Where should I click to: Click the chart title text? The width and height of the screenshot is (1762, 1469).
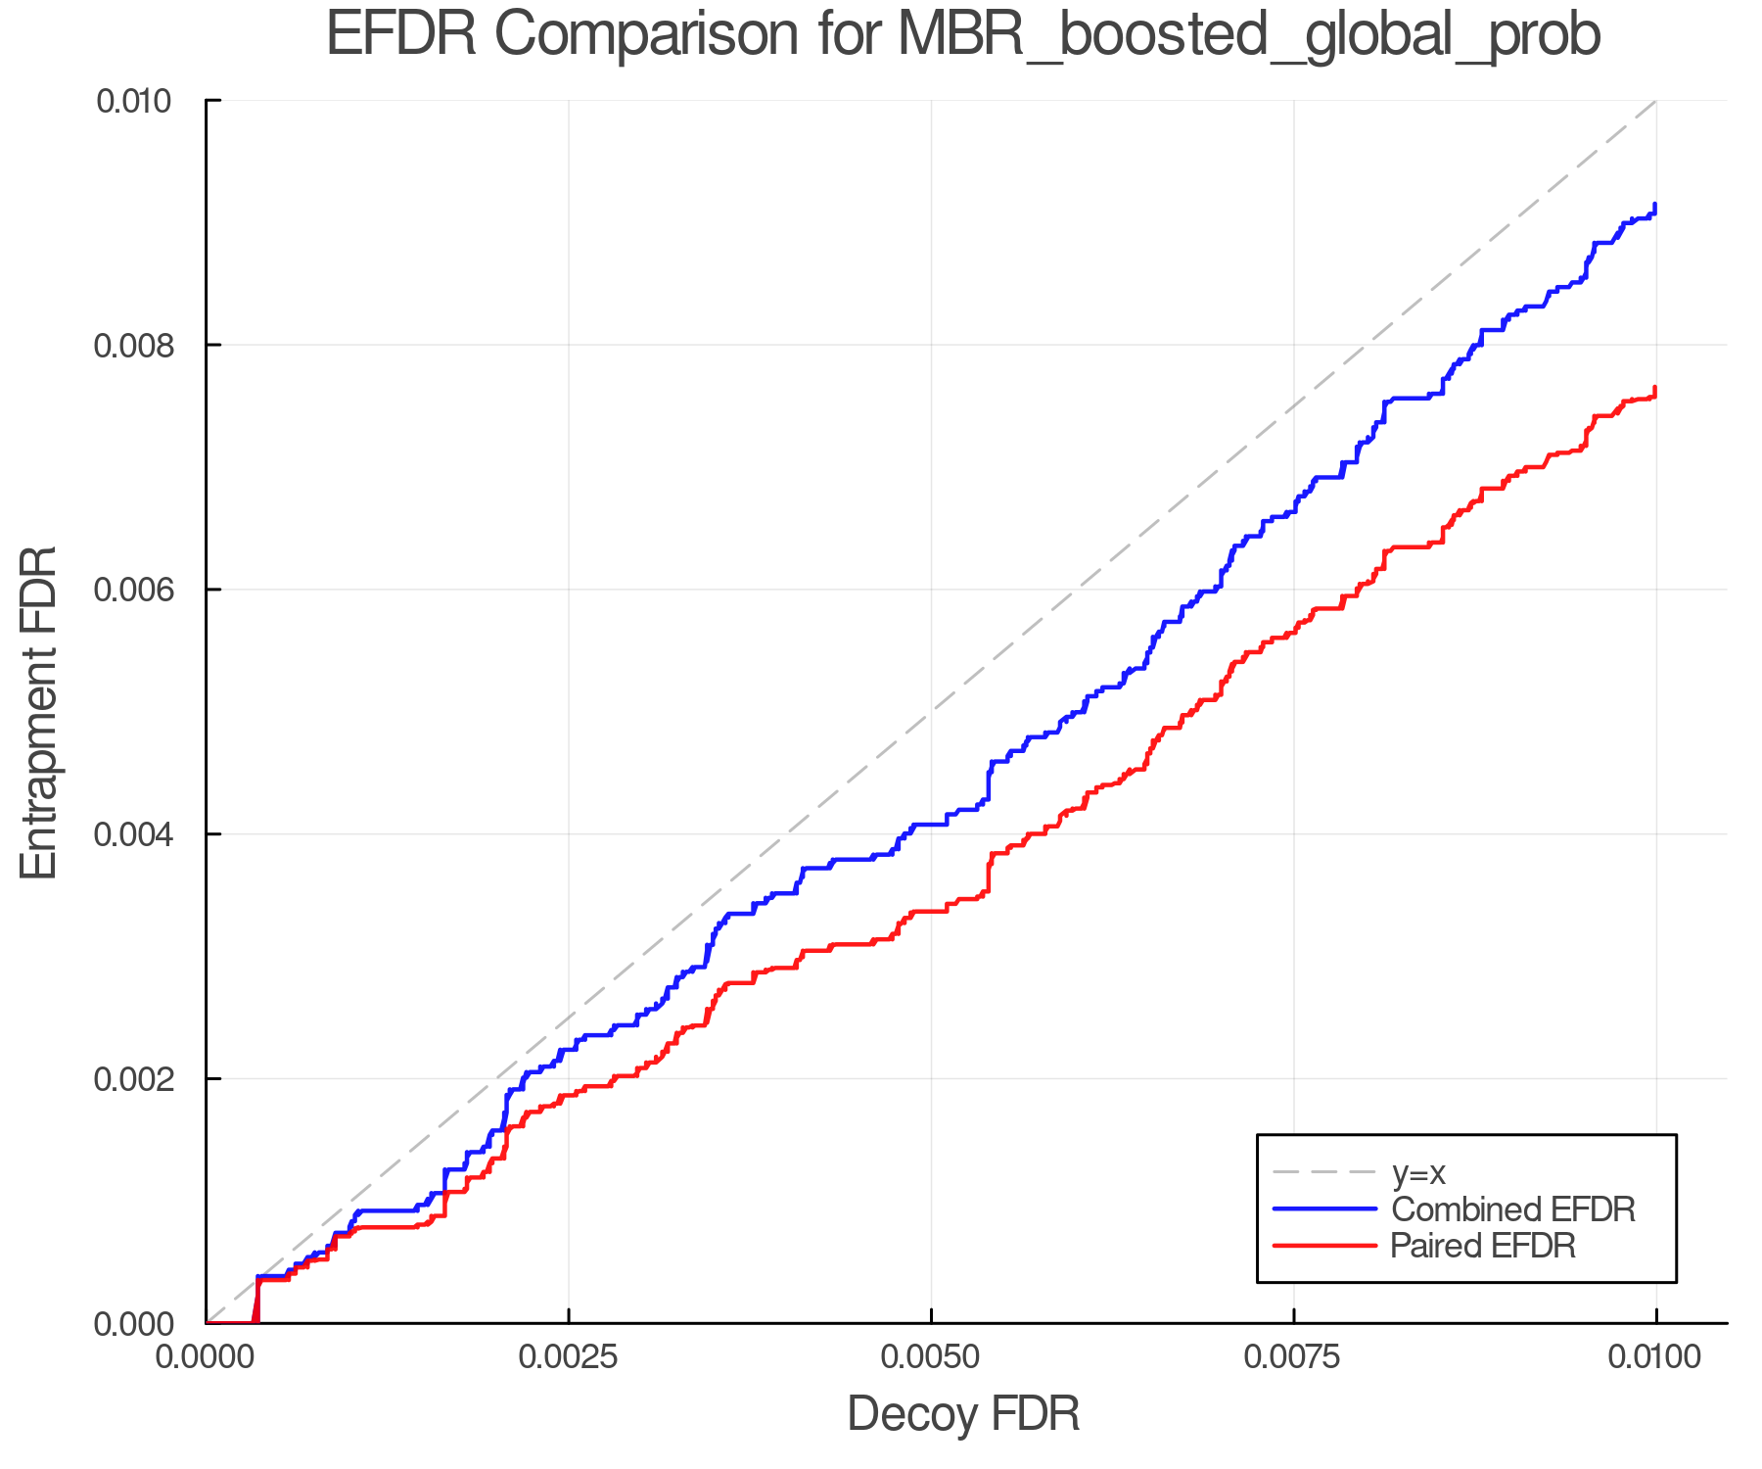tap(963, 35)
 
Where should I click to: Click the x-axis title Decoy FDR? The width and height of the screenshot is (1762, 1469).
tap(963, 1414)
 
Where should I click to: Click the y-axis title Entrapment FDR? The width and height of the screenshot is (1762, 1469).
tap(39, 712)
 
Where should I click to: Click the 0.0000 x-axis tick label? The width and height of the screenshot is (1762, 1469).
tap(207, 1357)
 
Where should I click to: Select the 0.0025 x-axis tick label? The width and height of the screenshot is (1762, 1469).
tap(569, 1357)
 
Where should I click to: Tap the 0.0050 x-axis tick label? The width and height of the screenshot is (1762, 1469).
tap(931, 1357)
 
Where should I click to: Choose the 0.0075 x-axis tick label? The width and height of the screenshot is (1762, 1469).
tap(1294, 1357)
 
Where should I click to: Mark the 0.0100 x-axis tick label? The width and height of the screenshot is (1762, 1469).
tap(1655, 1357)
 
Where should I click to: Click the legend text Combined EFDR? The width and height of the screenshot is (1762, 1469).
tap(1512, 1209)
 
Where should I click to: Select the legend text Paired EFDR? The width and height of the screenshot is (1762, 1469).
tap(1483, 1246)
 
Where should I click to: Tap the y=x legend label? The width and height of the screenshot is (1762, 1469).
tap(1418, 1172)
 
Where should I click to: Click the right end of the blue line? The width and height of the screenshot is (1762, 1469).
tap(1654, 206)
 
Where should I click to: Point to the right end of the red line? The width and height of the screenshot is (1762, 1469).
tap(1654, 390)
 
